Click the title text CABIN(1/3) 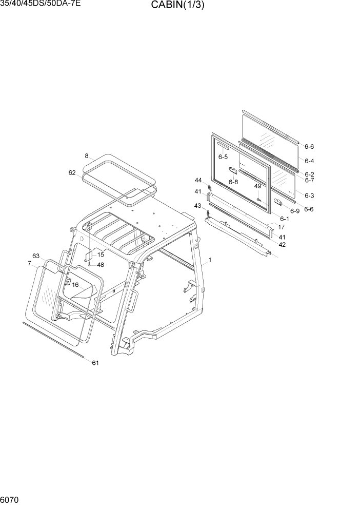[177, 6]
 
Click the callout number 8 [87, 156]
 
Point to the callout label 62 [72, 173]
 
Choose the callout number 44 [198, 180]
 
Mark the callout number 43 [197, 206]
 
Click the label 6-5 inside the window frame [223, 157]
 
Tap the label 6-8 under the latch [233, 182]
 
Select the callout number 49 [257, 186]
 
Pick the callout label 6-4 [309, 161]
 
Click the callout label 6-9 [294, 211]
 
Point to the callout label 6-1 [284, 219]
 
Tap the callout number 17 [282, 227]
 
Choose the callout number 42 [282, 245]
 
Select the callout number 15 [101, 255]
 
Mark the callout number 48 [101, 265]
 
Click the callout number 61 [95, 363]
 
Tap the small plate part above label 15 [88, 254]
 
